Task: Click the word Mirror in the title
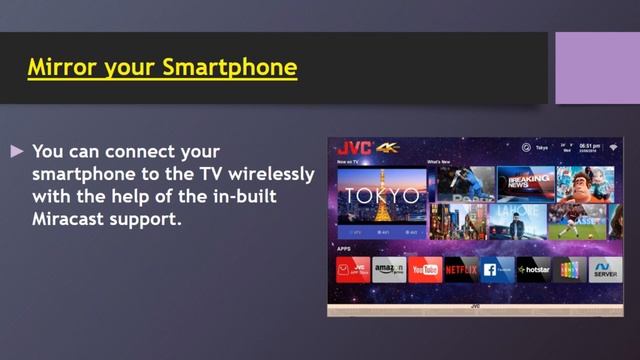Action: point(59,68)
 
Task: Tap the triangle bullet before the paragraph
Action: point(16,152)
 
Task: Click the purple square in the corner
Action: point(597,67)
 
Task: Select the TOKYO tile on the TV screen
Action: point(381,195)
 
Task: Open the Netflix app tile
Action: point(461,269)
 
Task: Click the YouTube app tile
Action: point(425,269)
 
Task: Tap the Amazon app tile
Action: point(389,269)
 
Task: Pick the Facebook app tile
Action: point(497,269)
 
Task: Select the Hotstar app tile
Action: point(533,269)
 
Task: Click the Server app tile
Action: point(605,269)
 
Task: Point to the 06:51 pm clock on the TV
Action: point(590,147)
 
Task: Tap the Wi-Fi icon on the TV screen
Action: point(613,147)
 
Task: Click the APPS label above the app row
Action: point(344,248)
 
